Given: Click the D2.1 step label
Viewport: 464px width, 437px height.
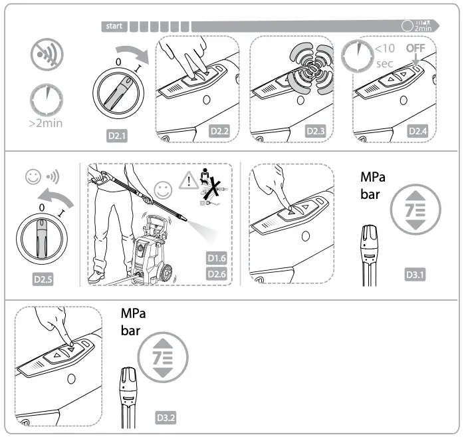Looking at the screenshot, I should (x=118, y=137).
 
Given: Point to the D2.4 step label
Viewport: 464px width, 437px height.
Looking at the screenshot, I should (x=417, y=130).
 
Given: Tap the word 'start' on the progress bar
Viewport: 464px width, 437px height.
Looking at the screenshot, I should (x=114, y=27).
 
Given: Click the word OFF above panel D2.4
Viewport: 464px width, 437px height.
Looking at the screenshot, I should (x=415, y=49).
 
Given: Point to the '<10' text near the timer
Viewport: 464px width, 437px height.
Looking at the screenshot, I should (x=386, y=48).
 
